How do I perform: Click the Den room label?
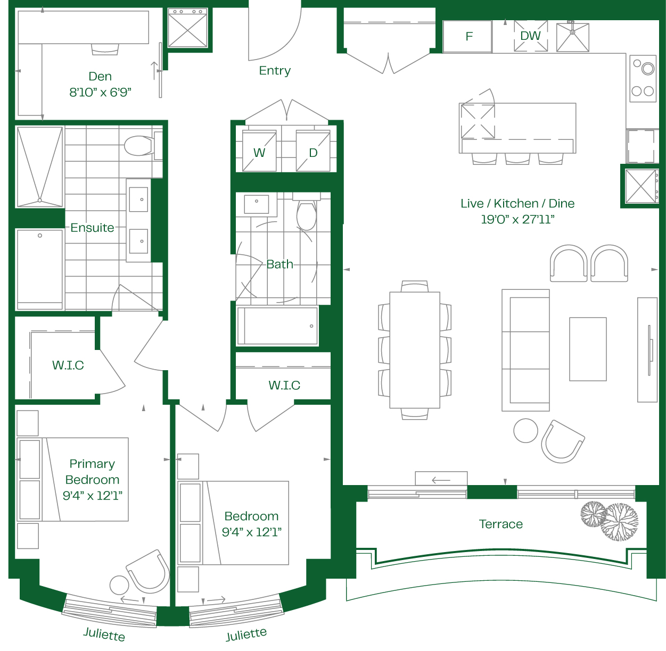pyautogui.click(x=100, y=76)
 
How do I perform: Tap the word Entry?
pyautogui.click(x=275, y=70)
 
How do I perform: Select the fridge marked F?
pyautogui.click(x=467, y=36)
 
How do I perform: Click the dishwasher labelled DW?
pyautogui.click(x=530, y=36)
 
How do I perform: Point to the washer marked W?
pyautogui.click(x=259, y=151)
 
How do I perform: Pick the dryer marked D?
pyautogui.click(x=313, y=151)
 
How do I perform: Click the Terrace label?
pyautogui.click(x=500, y=524)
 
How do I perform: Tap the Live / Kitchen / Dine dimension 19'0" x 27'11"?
pyautogui.click(x=517, y=219)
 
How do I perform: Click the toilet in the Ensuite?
pyautogui.click(x=142, y=146)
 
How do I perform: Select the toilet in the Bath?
pyautogui.click(x=307, y=213)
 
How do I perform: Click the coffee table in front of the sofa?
pyautogui.click(x=588, y=349)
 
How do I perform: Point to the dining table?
pyautogui.click(x=414, y=350)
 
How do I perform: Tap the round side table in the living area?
pyautogui.click(x=525, y=430)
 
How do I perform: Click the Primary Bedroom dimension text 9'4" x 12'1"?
pyautogui.click(x=93, y=496)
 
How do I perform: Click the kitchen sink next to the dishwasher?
pyautogui.click(x=573, y=37)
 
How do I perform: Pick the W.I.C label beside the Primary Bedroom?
pyautogui.click(x=68, y=365)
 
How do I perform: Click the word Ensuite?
pyautogui.click(x=92, y=228)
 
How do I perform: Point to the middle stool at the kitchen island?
pyautogui.click(x=517, y=158)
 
